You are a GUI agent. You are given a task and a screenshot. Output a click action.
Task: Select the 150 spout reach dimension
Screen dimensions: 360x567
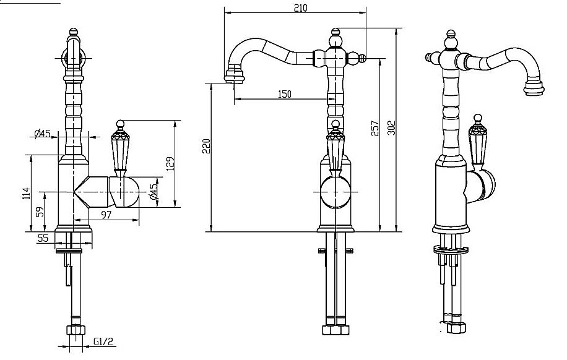tap(284, 94)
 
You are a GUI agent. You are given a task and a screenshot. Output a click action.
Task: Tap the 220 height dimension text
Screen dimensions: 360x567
tap(207, 146)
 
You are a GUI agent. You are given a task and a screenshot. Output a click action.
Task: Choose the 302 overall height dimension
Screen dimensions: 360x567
tap(391, 127)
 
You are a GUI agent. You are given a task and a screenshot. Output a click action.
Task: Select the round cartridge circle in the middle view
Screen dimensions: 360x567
tap(335, 192)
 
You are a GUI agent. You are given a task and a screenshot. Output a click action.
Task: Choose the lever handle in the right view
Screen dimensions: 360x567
tap(477, 142)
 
